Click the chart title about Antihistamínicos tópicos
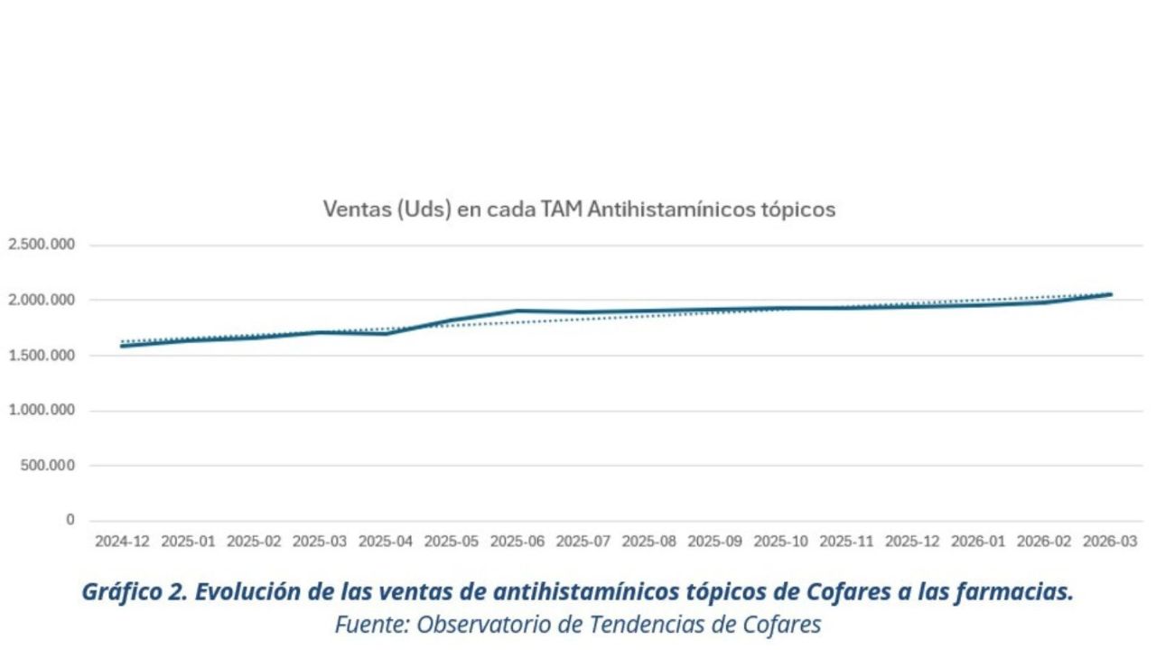click(x=579, y=209)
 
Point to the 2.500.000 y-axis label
click(x=42, y=245)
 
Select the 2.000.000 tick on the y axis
click(x=42, y=300)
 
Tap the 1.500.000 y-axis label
click(x=42, y=356)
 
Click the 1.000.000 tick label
click(x=42, y=411)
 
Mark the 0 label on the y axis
click(x=70, y=520)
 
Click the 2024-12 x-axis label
click(x=122, y=542)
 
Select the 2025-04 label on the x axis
click(x=386, y=542)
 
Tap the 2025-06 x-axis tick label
click(x=517, y=542)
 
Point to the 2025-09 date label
click(x=715, y=542)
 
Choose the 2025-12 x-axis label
click(x=913, y=542)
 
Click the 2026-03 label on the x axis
click(x=1111, y=542)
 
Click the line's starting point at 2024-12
click(x=122, y=346)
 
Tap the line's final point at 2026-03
click(x=1111, y=294)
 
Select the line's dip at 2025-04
click(x=386, y=333)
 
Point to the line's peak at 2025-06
click(x=517, y=311)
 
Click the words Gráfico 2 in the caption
click(x=133, y=593)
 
